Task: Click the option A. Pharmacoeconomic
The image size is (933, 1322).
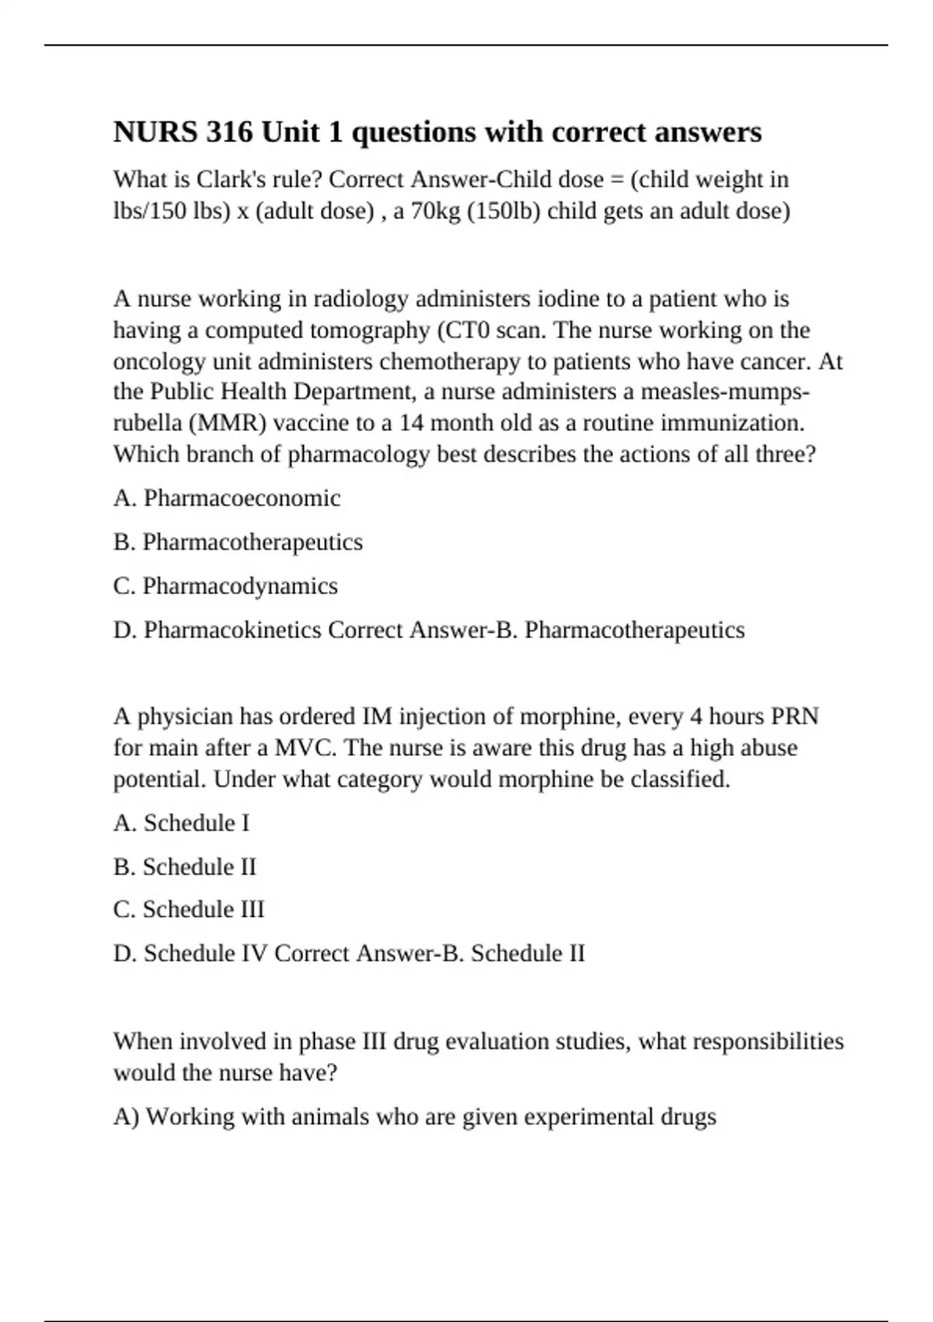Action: (227, 498)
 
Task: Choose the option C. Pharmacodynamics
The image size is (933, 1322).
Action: (225, 586)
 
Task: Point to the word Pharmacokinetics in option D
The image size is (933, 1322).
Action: (232, 630)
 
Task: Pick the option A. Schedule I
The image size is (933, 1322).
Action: (181, 823)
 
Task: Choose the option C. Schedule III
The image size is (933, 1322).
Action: (189, 909)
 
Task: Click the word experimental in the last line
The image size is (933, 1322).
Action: (588, 1117)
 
